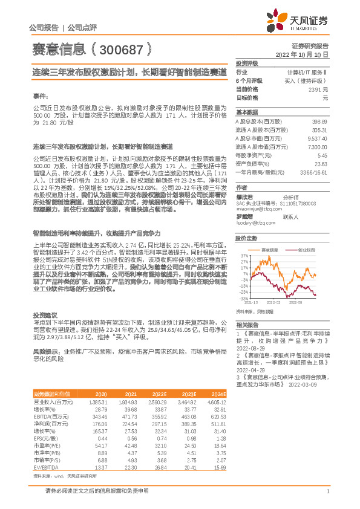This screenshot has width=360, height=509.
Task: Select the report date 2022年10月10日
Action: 306,54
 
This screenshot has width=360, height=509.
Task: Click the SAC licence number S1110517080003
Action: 299,205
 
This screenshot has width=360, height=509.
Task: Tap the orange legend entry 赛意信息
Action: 269,249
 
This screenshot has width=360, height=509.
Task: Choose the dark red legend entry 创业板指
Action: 305,249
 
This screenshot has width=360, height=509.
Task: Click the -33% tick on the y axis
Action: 243,298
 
